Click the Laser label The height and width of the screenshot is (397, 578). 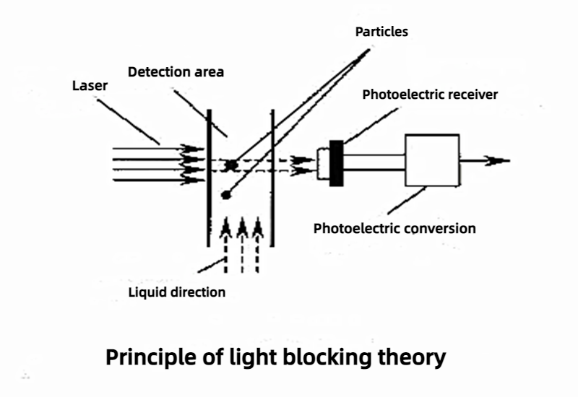pos(90,86)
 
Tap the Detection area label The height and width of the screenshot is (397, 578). pos(176,71)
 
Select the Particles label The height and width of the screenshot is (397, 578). pos(381,32)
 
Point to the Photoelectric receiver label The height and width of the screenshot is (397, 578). pos(430,95)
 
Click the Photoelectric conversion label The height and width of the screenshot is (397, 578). pos(394,229)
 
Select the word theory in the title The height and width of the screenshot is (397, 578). pos(413,357)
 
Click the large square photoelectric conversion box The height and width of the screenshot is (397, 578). pos(432,161)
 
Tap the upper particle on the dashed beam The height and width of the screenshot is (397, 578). pos(231,165)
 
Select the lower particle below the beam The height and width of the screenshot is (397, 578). pos(226,193)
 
